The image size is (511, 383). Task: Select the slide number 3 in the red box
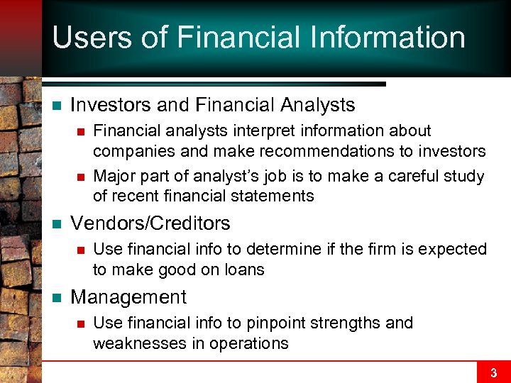493,372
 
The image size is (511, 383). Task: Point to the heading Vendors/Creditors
150,223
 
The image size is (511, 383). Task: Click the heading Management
128,297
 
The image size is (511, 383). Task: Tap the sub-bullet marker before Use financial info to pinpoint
81,323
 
